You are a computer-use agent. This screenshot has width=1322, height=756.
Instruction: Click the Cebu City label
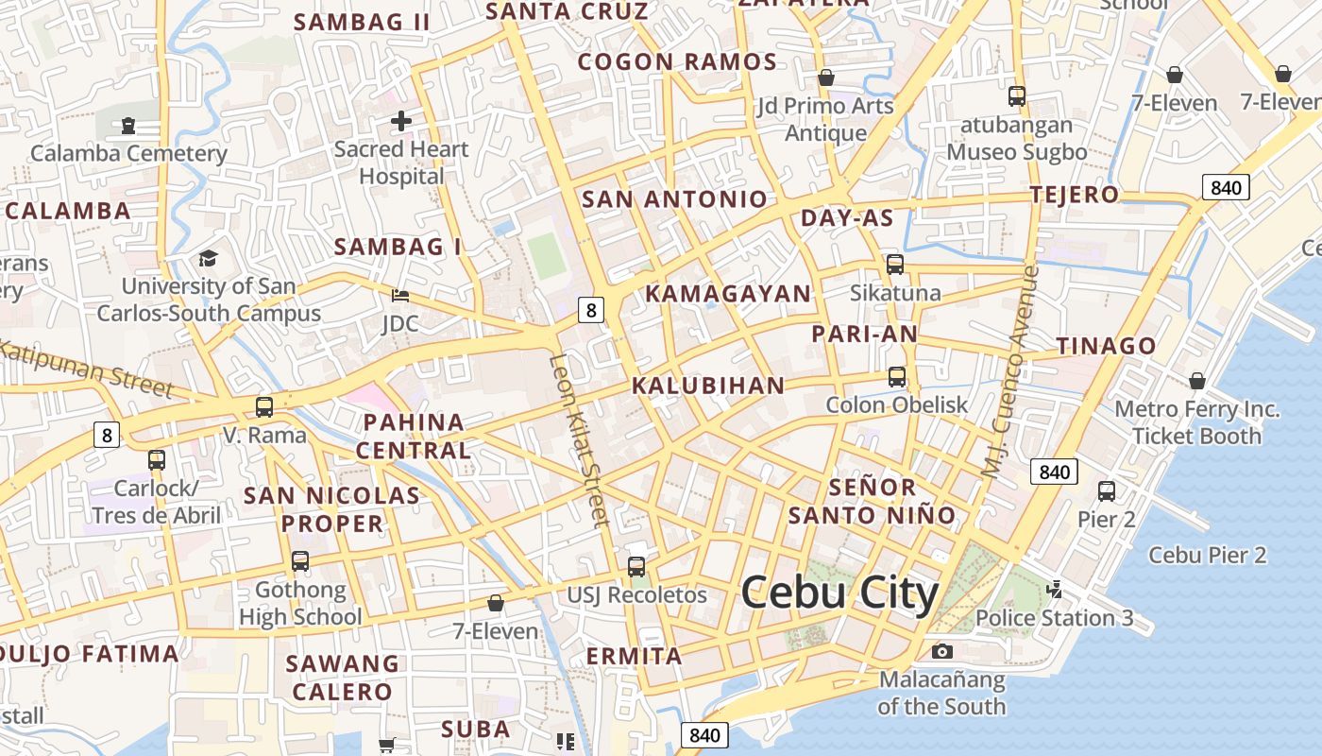839,593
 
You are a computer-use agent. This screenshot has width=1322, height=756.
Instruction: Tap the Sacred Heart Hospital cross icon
401,121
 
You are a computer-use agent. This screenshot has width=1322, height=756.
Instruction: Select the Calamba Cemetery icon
128,125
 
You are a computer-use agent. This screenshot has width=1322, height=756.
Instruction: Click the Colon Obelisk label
896,405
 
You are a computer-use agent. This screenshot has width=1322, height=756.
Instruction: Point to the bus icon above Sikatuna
895,265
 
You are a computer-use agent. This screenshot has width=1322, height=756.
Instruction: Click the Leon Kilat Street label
578,440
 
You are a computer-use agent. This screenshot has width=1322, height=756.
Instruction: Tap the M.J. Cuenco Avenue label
1009,370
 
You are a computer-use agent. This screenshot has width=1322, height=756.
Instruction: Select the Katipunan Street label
85,369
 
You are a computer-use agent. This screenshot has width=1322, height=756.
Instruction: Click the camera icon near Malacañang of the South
941,651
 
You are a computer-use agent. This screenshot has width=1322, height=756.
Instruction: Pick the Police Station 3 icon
1055,591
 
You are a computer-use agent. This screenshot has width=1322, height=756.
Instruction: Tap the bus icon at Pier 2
1107,491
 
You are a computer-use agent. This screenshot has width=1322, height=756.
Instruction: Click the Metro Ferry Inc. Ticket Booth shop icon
1197,381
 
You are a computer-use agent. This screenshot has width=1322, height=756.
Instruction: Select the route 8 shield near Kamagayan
591,309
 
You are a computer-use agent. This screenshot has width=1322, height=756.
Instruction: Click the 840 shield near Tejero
1226,187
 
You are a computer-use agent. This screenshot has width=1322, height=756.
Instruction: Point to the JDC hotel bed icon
400,296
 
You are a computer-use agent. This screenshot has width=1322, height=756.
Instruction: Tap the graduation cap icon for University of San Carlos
208,258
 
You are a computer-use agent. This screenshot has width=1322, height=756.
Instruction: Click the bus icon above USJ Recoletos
636,567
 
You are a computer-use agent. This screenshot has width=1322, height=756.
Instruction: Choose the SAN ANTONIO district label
674,199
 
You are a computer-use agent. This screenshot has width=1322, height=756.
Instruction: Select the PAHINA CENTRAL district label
414,436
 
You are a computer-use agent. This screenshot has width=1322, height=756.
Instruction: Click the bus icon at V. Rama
264,407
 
